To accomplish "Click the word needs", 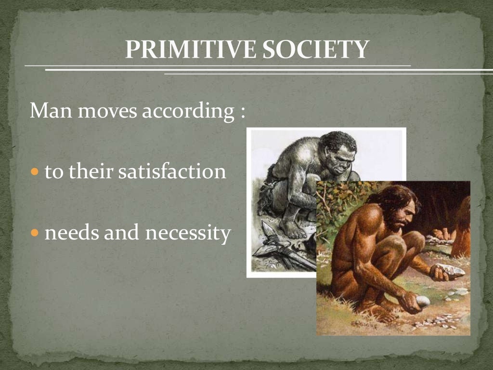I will coord(70,233).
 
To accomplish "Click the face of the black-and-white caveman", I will coord(339,159).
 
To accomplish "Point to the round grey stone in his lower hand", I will coord(423,301).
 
